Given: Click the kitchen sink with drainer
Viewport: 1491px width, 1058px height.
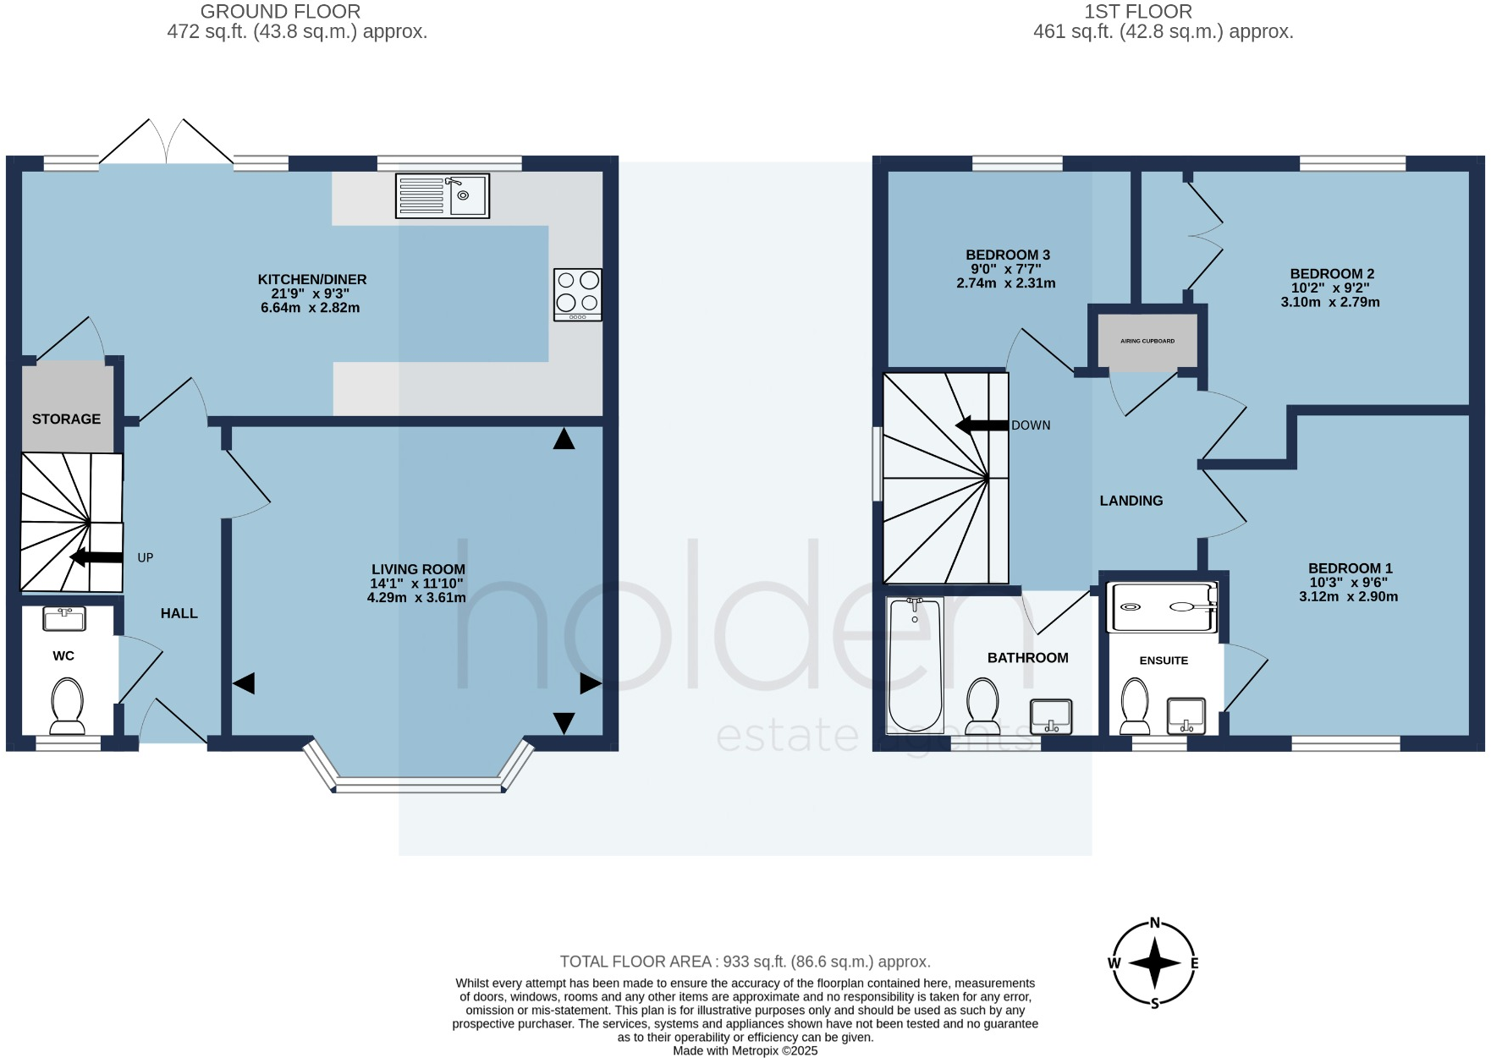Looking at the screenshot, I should [442, 195].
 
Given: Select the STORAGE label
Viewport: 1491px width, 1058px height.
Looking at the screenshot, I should [66, 419].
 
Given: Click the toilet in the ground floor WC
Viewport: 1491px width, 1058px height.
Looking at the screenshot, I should [67, 707].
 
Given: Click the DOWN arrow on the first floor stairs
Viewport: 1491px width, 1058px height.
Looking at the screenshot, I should [982, 425].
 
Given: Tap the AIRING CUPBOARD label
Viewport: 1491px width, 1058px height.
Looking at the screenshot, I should [1147, 341].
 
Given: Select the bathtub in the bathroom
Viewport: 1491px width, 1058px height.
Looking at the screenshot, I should [915, 665].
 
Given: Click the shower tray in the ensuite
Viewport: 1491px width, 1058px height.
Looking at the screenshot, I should [1163, 607].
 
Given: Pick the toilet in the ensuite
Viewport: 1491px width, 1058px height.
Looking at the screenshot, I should [1135, 707].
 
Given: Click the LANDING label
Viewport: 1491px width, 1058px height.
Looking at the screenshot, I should [1131, 501].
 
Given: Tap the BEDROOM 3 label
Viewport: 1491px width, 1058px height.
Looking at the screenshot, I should [1007, 255].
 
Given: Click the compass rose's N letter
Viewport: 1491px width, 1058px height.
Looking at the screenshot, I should [1154, 924].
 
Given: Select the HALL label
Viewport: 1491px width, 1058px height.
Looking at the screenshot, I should [179, 613].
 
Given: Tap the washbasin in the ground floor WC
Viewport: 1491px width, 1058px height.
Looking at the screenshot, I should [64, 619].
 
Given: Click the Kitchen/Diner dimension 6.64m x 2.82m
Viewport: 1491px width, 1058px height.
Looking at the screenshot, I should [310, 308].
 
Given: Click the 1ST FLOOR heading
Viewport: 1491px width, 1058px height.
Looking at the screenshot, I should [1137, 12].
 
